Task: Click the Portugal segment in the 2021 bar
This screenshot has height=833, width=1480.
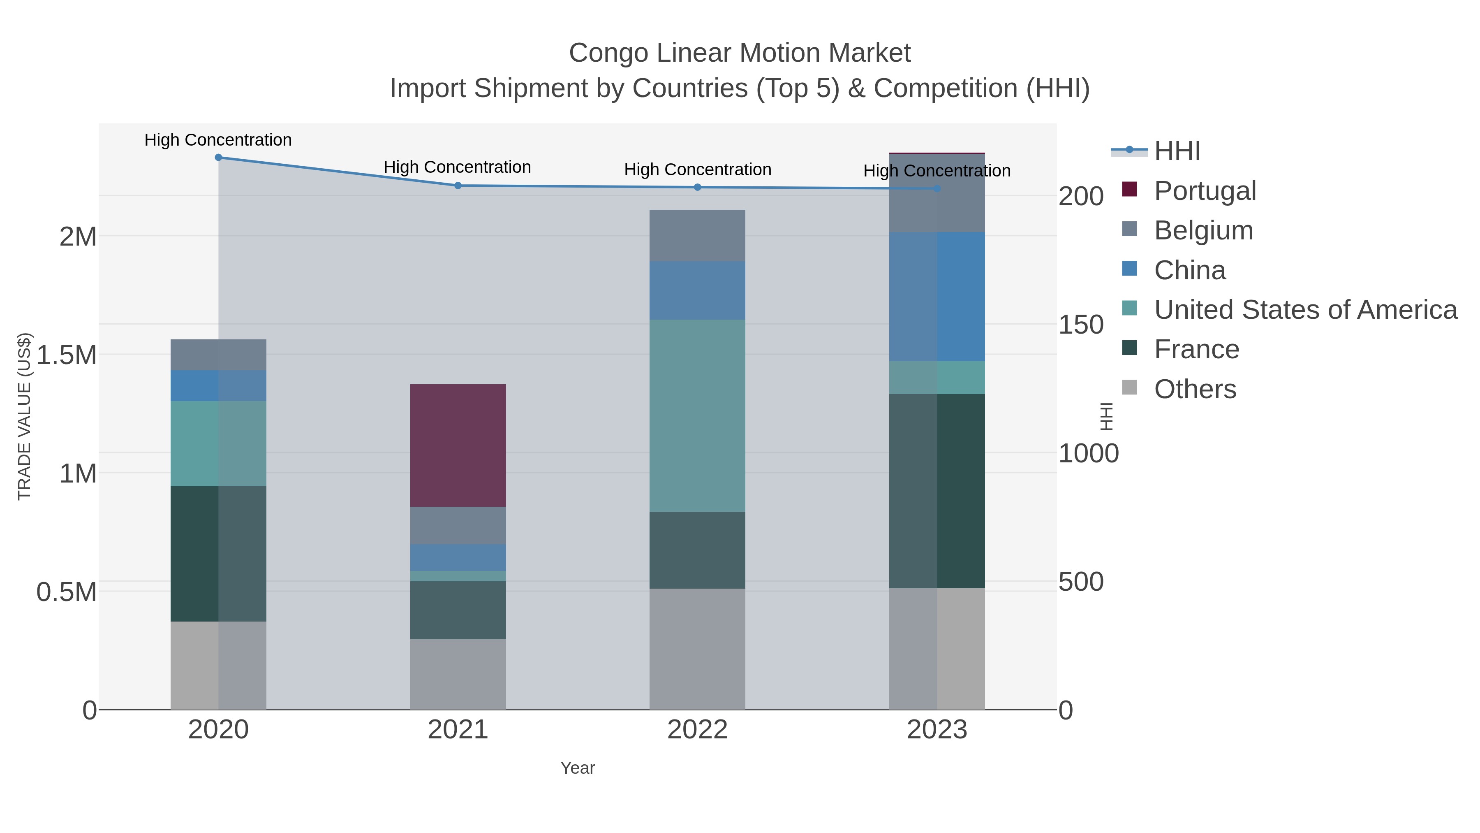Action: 458,445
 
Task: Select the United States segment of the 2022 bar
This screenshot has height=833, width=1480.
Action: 697,415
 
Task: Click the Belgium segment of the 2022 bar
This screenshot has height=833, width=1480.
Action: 697,236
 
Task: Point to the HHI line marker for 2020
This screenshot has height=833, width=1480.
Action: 218,158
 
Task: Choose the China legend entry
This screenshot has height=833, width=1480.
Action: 1189,270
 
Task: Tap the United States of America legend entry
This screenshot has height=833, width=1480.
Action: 1305,310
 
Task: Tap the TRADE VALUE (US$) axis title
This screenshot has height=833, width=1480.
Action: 25,416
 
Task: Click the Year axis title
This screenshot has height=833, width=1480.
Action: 578,768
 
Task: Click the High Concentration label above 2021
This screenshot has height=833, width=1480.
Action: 457,167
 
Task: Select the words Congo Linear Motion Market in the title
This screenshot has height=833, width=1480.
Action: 740,53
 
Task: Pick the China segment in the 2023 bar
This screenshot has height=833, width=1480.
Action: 937,297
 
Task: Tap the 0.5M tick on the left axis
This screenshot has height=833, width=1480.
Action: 67,592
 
